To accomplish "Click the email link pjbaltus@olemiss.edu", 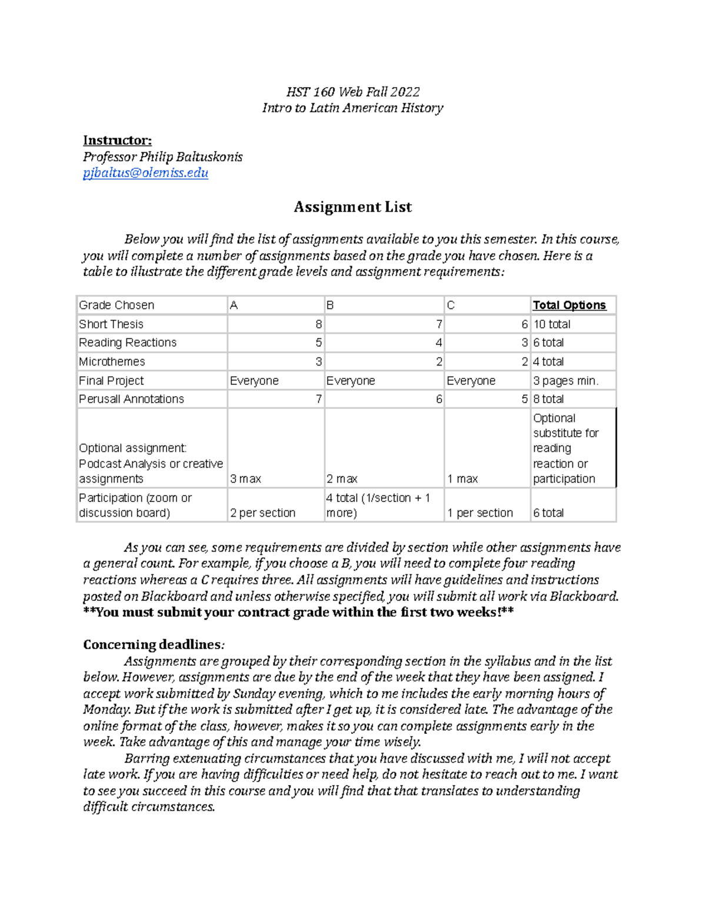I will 145,173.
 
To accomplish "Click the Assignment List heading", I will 352,207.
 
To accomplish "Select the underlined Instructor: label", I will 117,140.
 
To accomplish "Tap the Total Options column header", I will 569,305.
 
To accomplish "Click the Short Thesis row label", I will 111,324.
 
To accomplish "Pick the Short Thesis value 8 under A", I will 318,324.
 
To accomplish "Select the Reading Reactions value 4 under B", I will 439,343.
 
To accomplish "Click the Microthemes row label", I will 112,361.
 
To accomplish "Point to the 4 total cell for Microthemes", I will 548,361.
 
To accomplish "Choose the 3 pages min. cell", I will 565,381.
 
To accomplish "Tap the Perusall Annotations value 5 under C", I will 524,399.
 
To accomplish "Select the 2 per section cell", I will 262,513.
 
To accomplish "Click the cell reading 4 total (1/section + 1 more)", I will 378,505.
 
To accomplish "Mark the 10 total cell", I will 551,324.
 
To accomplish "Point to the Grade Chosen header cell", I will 116,305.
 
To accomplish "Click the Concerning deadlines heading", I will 153,644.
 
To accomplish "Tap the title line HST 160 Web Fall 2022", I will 352,92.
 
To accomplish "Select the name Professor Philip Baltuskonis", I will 162,157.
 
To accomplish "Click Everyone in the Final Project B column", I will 351,381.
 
